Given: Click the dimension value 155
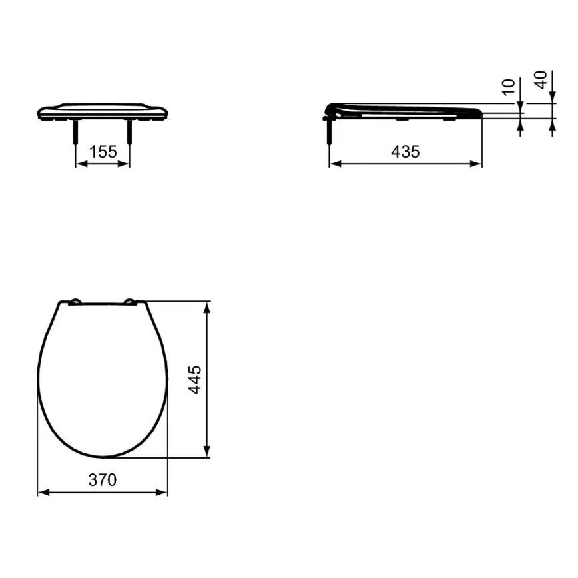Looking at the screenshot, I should [103, 152].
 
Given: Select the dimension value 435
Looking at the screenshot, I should [405, 152].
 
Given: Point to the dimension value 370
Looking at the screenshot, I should [103, 480].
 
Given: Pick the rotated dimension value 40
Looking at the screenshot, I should [541, 80].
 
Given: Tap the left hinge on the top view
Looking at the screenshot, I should [75, 303].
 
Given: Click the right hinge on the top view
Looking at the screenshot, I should [130, 303].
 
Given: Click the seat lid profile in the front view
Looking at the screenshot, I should [103, 111].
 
